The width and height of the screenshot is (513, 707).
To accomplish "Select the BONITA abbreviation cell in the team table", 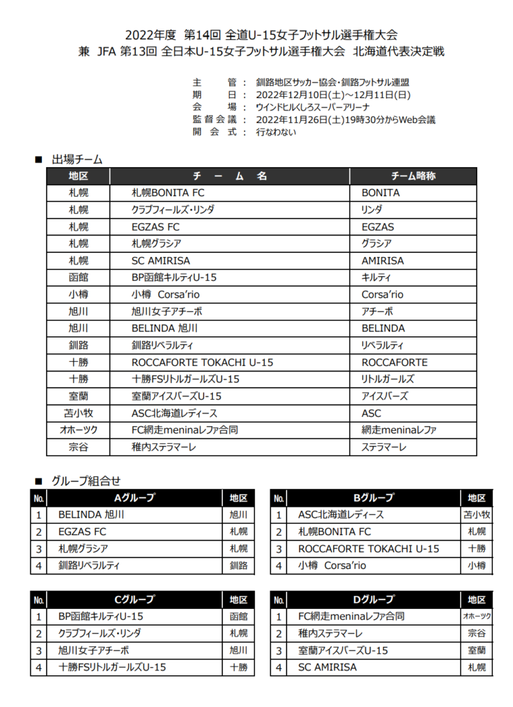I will [x=381, y=193].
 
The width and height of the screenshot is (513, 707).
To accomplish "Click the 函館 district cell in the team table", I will [x=79, y=278].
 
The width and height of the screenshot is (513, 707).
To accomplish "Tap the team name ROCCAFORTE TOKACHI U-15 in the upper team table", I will [x=202, y=362].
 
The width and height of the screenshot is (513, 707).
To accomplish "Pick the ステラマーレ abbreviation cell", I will [x=384, y=447].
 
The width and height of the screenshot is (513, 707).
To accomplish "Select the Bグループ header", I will [x=373, y=498].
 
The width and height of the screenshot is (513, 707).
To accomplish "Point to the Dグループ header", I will [x=373, y=599].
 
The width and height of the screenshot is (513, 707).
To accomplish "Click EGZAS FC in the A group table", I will [x=82, y=532].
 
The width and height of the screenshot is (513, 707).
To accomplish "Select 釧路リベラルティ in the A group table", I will [x=89, y=565].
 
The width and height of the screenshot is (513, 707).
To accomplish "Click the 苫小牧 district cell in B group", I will [x=476, y=515].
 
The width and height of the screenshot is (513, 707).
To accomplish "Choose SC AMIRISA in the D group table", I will [x=328, y=668].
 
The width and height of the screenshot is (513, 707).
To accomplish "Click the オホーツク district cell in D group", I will [x=476, y=617].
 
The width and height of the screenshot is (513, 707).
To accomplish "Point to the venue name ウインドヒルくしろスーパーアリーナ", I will [x=312, y=107].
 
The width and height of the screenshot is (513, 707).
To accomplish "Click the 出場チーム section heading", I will [x=77, y=159].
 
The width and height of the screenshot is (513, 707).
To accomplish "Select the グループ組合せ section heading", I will [x=85, y=481].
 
